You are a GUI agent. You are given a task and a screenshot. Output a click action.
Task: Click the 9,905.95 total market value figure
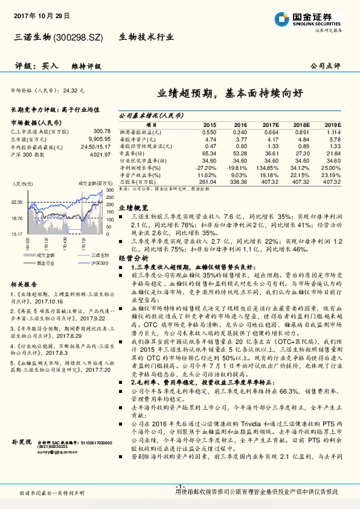coord(99,138)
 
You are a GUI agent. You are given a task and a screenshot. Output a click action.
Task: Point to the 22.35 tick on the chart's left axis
coord(17,202)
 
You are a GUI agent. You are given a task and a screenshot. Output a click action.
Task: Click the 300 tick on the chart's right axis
coord(109,189)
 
